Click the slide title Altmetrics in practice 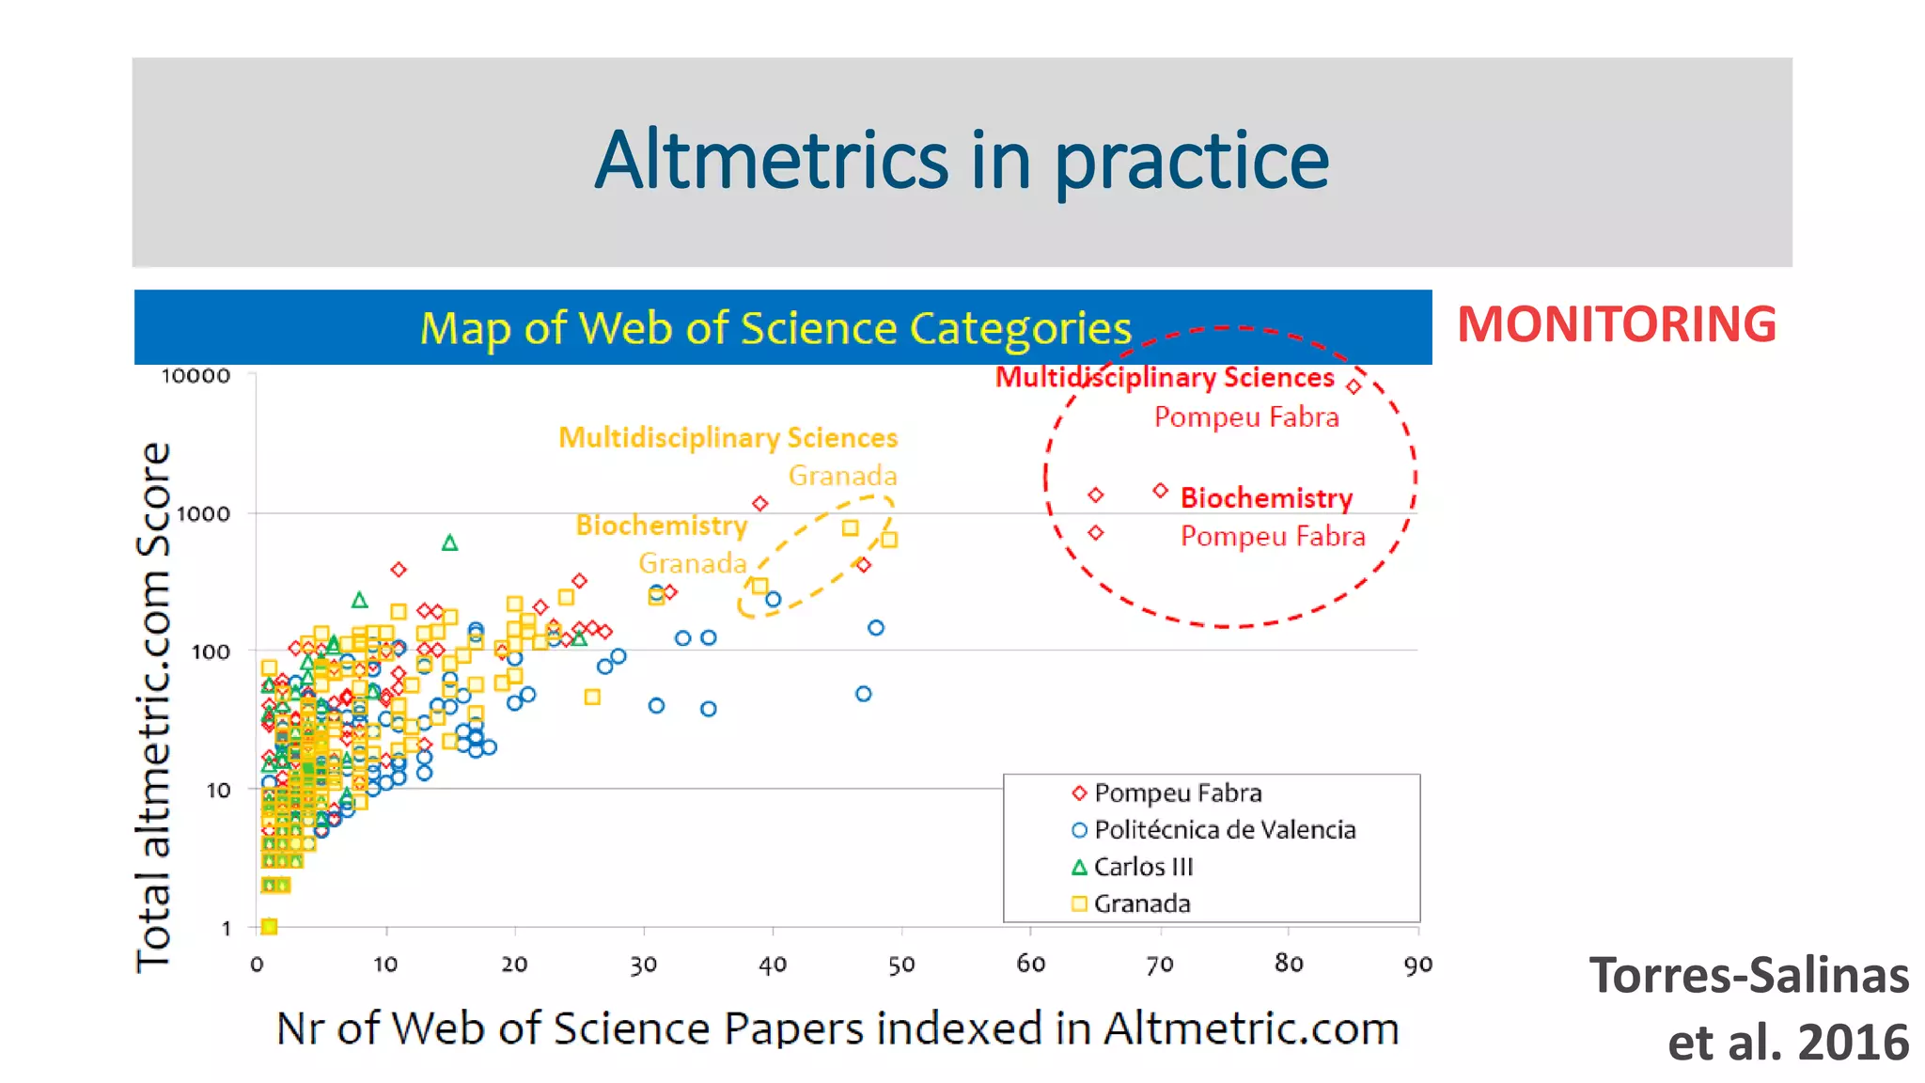pyautogui.click(x=961, y=161)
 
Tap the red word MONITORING pyautogui.click(x=1616, y=324)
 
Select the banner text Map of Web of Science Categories pyautogui.click(x=775, y=328)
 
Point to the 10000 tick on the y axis pyautogui.click(x=196, y=376)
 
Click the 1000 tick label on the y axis pyautogui.click(x=203, y=514)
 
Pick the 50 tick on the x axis pyautogui.click(x=901, y=965)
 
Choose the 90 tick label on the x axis pyautogui.click(x=1417, y=965)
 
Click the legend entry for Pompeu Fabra pyautogui.click(x=1177, y=793)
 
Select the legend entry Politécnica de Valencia pyautogui.click(x=1224, y=830)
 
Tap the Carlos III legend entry pyautogui.click(x=1142, y=867)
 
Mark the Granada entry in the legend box pyautogui.click(x=1141, y=903)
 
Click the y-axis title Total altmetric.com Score pyautogui.click(x=153, y=705)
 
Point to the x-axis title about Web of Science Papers pyautogui.click(x=837, y=1028)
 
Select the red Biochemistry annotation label pyautogui.click(x=1266, y=497)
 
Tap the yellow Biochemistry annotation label pyautogui.click(x=661, y=525)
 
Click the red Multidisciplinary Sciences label pyautogui.click(x=1164, y=377)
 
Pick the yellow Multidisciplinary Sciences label pyautogui.click(x=728, y=438)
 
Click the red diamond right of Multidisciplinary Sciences pyautogui.click(x=1354, y=386)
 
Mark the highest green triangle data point pyautogui.click(x=449, y=543)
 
